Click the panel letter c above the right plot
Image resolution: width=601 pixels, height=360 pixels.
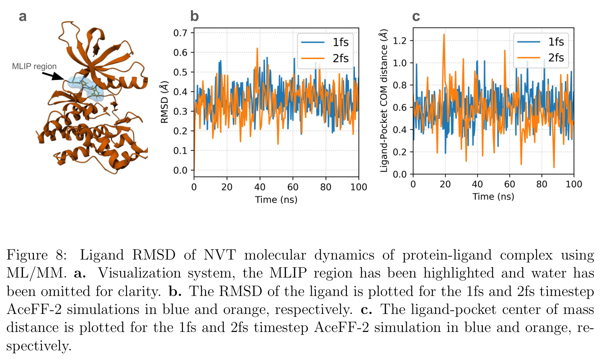click(416, 17)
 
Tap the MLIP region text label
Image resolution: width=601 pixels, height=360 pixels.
click(34, 66)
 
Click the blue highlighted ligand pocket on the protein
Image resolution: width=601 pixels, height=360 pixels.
click(85, 87)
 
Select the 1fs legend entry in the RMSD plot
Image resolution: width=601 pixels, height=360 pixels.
click(325, 42)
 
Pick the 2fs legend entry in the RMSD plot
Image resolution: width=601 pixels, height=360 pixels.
click(325, 58)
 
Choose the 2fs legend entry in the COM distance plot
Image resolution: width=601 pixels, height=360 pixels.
click(540, 58)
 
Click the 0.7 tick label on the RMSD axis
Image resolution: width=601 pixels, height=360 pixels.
click(180, 33)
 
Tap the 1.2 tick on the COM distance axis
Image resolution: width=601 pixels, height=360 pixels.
click(400, 41)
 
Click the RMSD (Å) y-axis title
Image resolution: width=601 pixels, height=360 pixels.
click(164, 102)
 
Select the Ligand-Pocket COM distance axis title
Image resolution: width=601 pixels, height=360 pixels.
click(384, 100)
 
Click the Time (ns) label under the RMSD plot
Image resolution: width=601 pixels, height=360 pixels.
click(276, 200)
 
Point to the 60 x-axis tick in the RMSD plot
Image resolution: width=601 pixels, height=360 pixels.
click(293, 187)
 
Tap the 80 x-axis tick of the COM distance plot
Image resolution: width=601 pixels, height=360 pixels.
click(542, 184)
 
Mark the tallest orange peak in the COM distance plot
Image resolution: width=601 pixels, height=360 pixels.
click(444, 34)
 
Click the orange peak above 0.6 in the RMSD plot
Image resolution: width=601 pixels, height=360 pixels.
click(257, 49)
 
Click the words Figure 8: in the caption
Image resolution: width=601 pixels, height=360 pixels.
click(36, 255)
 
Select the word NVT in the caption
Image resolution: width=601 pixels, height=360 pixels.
click(219, 255)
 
